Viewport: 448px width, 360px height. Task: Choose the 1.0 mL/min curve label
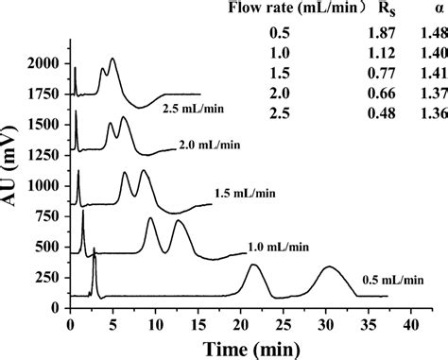(x=279, y=247)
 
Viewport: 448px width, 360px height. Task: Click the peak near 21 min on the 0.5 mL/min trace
(x=253, y=266)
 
